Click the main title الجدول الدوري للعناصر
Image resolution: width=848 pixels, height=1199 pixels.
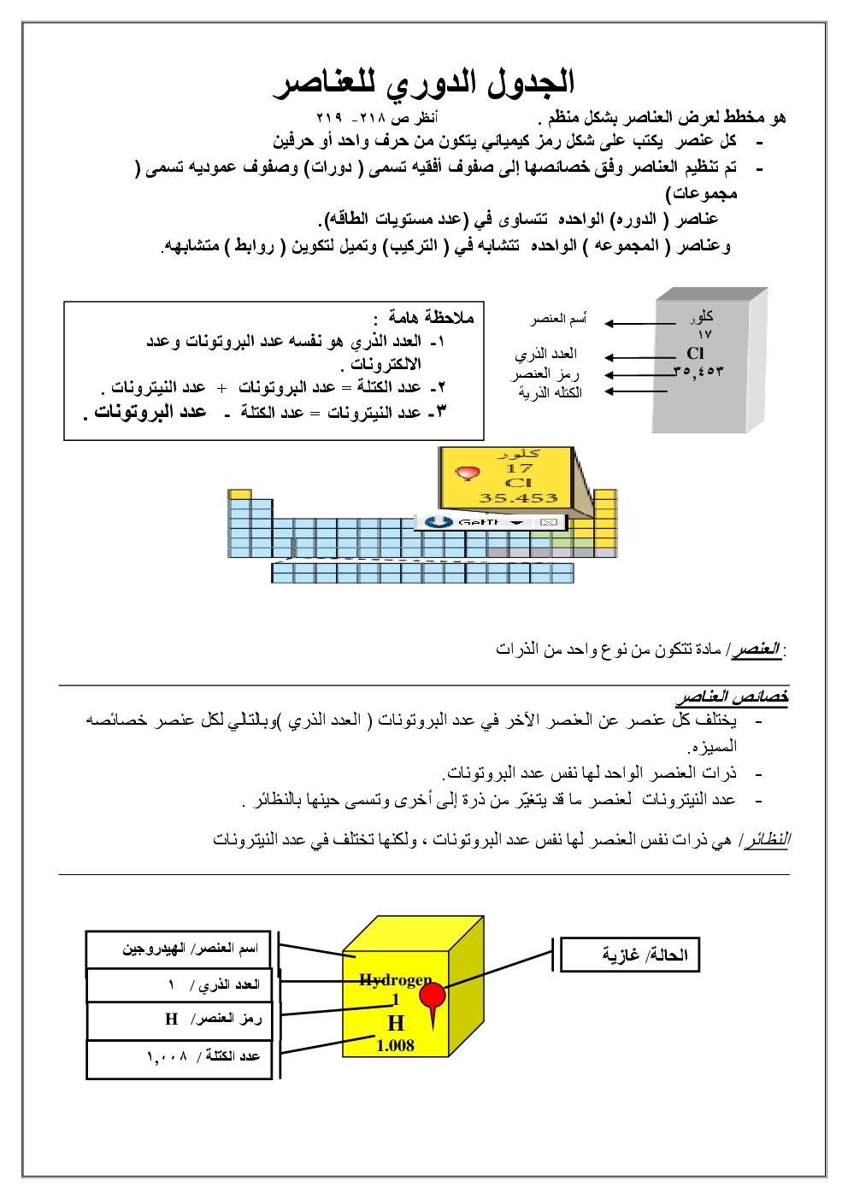424,82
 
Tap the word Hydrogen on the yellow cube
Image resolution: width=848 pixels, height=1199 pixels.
395,980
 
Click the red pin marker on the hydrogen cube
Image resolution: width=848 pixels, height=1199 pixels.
433,996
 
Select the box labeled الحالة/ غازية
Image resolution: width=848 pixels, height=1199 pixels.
630,955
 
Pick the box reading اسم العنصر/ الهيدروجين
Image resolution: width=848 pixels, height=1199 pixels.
179,949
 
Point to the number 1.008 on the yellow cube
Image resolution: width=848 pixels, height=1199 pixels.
395,1045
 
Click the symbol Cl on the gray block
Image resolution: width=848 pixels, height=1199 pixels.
695,352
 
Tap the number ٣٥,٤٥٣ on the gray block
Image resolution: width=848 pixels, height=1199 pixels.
698,371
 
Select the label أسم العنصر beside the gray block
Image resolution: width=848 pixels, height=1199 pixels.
558,319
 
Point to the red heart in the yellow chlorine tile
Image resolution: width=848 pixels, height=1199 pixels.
467,473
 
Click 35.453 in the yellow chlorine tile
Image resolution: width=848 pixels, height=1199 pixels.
518,498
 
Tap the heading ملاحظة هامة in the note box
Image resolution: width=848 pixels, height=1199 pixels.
431,318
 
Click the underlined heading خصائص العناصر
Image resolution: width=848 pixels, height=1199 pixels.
732,696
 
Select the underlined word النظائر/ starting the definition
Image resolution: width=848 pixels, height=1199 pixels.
767,840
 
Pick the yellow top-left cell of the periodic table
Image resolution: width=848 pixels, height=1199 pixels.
240,495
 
